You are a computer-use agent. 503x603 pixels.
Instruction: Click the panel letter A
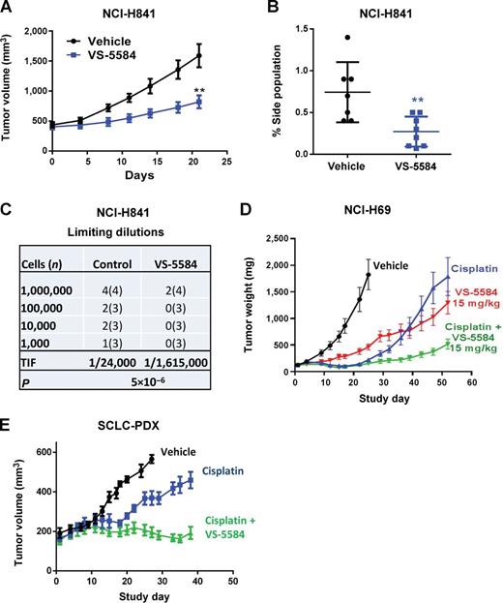[8, 9]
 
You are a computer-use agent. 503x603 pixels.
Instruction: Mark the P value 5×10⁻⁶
[157, 408]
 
